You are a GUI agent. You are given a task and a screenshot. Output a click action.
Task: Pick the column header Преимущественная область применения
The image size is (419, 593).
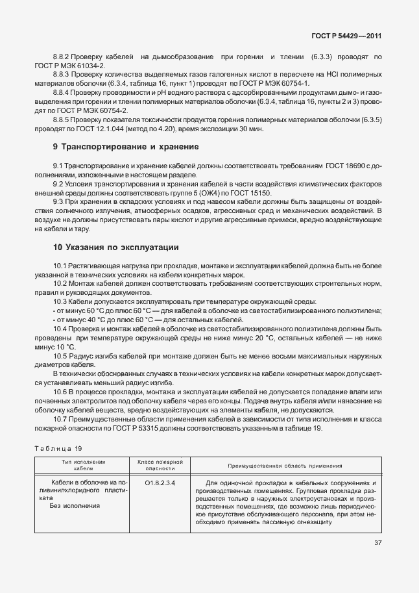[x=284, y=466]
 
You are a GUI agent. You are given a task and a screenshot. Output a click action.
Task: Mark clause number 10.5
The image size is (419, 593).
[x=62, y=356]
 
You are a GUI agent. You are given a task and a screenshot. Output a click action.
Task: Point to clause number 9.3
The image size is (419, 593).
[x=60, y=203]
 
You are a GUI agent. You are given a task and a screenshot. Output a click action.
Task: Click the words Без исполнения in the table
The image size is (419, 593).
[x=74, y=505]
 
